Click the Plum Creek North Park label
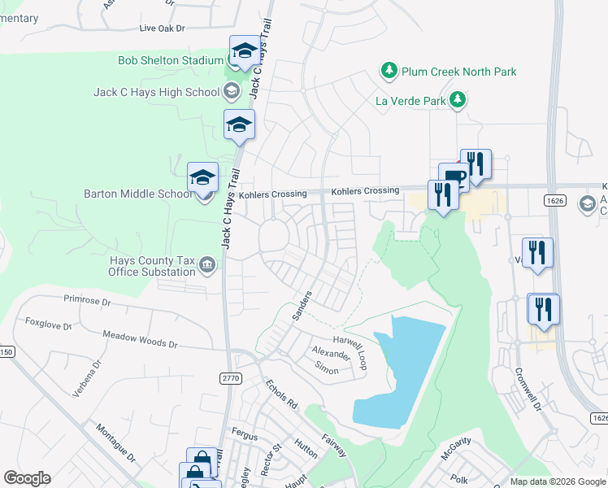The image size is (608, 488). [x=458, y=72]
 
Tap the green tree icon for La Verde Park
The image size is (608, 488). [x=459, y=100]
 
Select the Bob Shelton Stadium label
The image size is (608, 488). [x=170, y=60]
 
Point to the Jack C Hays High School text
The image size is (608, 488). [x=167, y=92]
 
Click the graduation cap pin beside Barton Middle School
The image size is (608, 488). [x=202, y=178]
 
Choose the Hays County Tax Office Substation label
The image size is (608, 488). [x=152, y=266]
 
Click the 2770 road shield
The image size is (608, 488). [x=231, y=378]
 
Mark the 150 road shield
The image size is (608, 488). [x=7, y=351]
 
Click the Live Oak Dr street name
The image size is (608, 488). [x=163, y=28]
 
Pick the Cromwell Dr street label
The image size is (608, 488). [x=528, y=390]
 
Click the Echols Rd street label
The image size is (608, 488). [x=281, y=393]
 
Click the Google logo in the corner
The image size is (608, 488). [x=27, y=477]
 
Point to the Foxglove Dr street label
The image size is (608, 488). [x=49, y=322]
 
